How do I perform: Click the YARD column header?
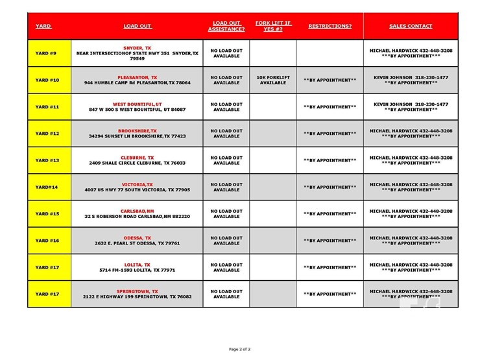[x=43, y=27]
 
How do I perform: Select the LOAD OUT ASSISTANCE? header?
[x=226, y=26]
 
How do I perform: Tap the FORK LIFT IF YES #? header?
[x=273, y=26]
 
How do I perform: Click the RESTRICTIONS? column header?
[x=330, y=27]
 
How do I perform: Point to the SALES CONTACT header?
[x=411, y=27]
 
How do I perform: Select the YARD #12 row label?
[x=47, y=134]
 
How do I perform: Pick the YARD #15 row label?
[x=47, y=213]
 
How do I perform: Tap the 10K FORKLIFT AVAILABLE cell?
[x=273, y=80]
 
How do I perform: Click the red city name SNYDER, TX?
[x=138, y=48]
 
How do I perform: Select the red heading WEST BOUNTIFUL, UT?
[x=138, y=104]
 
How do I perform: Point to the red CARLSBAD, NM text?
[x=138, y=211]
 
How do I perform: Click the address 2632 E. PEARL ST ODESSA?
[x=138, y=243]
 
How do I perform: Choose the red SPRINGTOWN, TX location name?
[x=138, y=291]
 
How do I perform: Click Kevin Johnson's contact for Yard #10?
[x=411, y=80]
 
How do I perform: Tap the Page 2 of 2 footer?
[x=240, y=349]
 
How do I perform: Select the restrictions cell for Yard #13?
[x=330, y=160]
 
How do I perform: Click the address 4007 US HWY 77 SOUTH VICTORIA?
[x=138, y=190]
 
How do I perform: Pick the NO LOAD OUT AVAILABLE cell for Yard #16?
[x=226, y=241]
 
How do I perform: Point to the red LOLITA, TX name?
[x=138, y=265]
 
